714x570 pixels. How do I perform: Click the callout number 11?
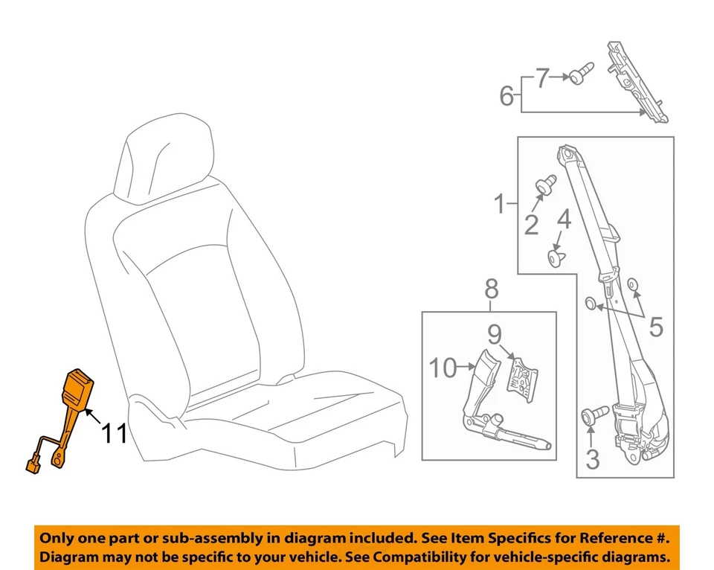point(115,433)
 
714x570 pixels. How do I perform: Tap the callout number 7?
point(542,77)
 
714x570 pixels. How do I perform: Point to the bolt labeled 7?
point(581,74)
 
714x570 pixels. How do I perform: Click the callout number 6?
point(506,95)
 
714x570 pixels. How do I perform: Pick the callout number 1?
point(501,202)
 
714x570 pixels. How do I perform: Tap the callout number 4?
point(565,220)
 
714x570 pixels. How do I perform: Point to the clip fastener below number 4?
point(556,257)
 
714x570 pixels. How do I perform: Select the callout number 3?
point(592,459)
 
